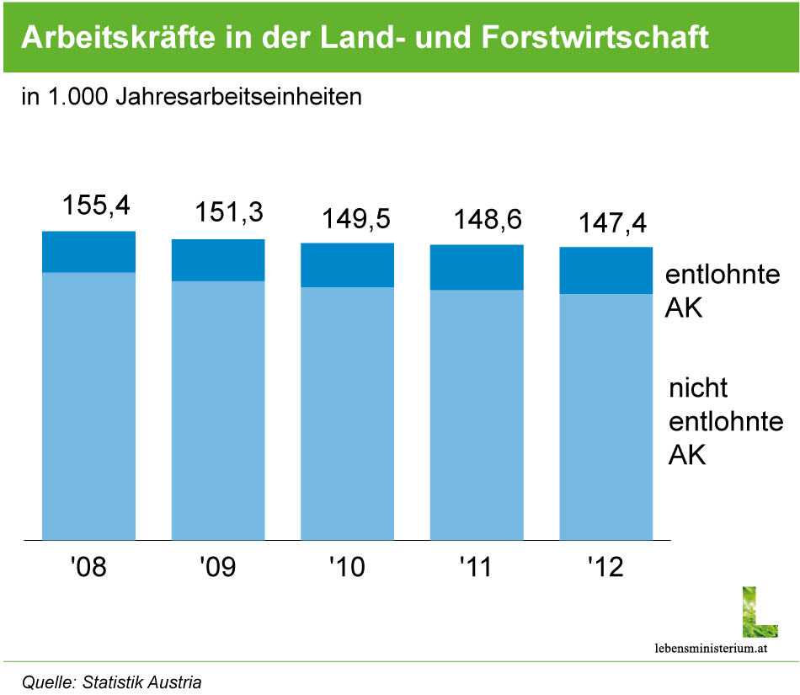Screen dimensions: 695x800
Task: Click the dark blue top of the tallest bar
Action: (x=88, y=251)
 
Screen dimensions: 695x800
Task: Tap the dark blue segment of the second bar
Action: (x=218, y=259)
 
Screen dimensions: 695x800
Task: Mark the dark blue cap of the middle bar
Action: (x=347, y=265)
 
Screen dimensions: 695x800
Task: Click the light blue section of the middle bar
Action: (x=347, y=414)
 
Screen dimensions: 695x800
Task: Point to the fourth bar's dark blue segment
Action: (x=477, y=267)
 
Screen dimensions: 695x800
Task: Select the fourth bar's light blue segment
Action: (x=477, y=414)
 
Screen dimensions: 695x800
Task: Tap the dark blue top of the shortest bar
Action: (x=606, y=270)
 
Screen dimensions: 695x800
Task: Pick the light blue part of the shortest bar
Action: (x=606, y=417)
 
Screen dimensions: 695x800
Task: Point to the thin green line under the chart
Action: (x=400, y=661)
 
